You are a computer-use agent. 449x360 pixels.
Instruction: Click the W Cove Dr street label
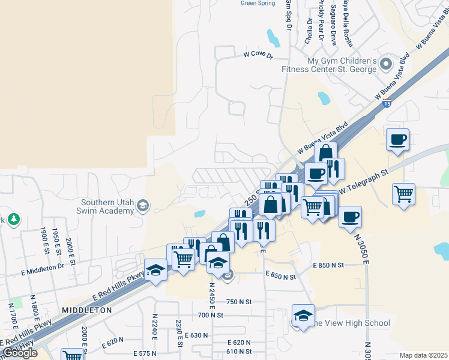coord(258,55)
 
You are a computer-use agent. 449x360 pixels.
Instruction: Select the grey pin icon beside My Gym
coord(385,63)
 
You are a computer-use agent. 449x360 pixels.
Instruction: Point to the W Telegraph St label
coord(364,181)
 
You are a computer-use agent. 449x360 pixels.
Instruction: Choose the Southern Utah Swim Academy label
coord(106,206)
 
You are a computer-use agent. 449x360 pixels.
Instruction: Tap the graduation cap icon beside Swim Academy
coord(143,206)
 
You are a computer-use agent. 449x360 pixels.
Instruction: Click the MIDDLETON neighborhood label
coord(87,310)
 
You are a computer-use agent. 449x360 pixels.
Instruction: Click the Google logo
coord(20,353)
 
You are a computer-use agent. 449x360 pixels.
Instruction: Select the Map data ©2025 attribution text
coord(423,355)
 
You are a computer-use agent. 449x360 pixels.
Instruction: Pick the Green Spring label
coord(257,3)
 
